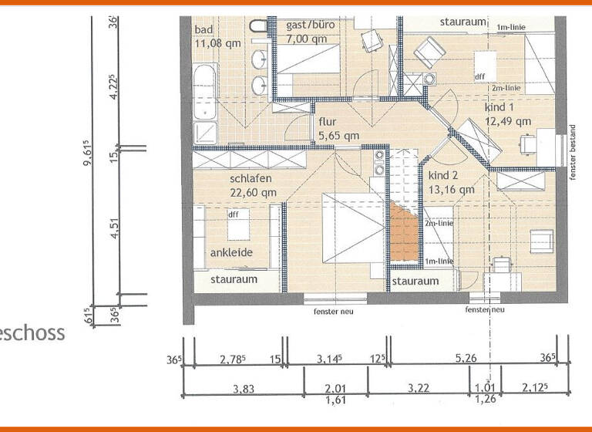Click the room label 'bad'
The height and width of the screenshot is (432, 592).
pos(203,30)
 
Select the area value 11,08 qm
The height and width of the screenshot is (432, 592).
pos(217,43)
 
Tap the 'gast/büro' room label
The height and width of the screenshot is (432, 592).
pos(310,25)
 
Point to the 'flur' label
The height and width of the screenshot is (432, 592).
pos(328,122)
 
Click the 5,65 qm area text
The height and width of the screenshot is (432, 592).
pos(338,136)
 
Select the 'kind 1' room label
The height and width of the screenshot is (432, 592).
pos(500,107)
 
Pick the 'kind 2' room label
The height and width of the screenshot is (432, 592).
pos(444,175)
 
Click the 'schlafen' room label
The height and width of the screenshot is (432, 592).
pos(251,179)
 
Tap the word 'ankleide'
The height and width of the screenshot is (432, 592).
pos(231,252)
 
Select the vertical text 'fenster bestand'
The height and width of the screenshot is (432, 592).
pos(573,152)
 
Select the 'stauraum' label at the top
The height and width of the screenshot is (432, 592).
pos(463,22)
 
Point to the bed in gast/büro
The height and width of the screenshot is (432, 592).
pos(308,59)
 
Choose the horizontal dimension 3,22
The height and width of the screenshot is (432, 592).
pos(419,390)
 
